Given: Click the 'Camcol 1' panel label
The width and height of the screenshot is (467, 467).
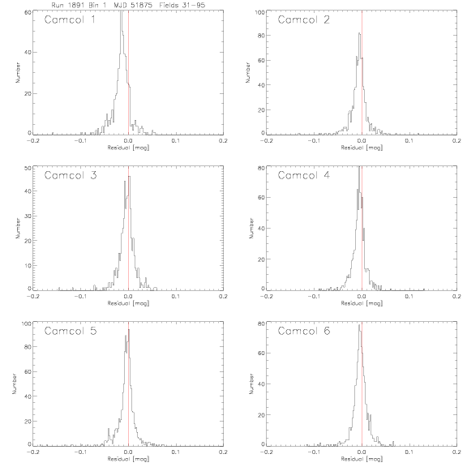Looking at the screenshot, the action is tap(70, 19).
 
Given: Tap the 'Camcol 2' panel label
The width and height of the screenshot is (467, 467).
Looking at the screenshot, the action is tap(303, 19).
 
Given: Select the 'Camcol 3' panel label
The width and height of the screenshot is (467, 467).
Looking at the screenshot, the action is tap(71, 175).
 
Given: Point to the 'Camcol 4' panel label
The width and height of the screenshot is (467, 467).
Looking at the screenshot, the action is tap(303, 175).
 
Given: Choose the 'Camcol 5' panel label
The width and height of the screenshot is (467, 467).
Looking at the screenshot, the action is tap(71, 331).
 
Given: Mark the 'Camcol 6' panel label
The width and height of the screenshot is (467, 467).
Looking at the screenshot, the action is tap(304, 331).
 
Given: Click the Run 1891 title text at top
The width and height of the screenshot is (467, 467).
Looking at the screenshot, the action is tap(128, 5).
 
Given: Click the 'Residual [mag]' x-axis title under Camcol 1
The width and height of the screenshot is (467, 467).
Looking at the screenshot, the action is tap(128, 148).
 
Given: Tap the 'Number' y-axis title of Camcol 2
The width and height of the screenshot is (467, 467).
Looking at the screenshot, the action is tap(248, 72).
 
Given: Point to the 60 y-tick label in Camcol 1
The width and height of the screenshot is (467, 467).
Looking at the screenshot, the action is tap(28, 12).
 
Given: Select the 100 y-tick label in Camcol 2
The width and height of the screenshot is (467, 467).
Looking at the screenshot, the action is tap(260, 12).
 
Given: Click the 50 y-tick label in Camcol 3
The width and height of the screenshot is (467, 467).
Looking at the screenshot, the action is tap(28, 168).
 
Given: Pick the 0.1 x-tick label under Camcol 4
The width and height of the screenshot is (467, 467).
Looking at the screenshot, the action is tap(409, 297).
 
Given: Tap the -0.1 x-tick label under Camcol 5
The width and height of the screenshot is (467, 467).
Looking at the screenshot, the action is tap(79, 452).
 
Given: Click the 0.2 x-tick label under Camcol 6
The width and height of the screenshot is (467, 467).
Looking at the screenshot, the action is tap(456, 452).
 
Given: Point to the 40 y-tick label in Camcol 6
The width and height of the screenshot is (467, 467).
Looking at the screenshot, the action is tap(261, 384).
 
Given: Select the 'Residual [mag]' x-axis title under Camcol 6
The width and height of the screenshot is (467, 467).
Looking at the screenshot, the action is tap(362, 459).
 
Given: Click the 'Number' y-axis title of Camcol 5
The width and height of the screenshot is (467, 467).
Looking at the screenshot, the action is tap(15, 384).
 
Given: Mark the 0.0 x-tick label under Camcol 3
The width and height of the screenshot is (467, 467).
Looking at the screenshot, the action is tap(128, 297).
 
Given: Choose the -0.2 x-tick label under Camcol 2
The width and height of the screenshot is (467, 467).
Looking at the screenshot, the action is tap(266, 140).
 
